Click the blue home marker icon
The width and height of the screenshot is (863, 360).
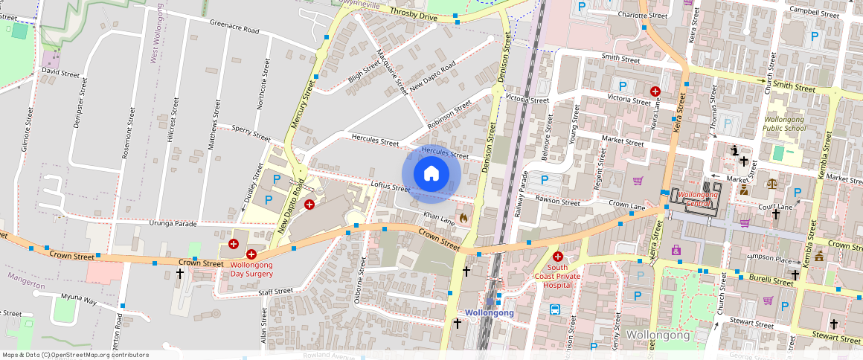[431, 174]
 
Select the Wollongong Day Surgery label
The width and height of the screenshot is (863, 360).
[251, 269]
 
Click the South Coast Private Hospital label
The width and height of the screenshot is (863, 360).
[557, 276]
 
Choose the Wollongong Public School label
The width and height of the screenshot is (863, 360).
[784, 123]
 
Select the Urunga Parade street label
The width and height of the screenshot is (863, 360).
[173, 223]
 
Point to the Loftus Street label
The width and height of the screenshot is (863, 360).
[390, 188]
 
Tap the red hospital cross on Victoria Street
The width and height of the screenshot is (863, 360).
[655, 91]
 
